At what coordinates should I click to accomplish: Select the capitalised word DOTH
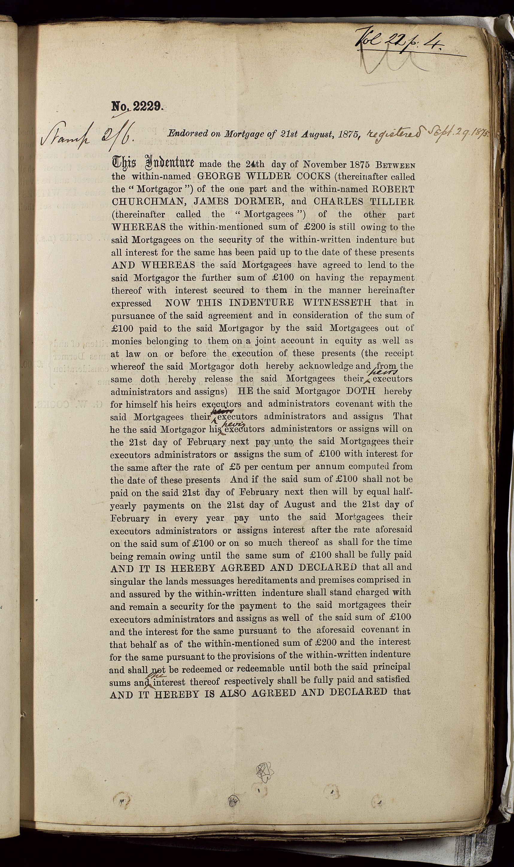(x=360, y=391)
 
